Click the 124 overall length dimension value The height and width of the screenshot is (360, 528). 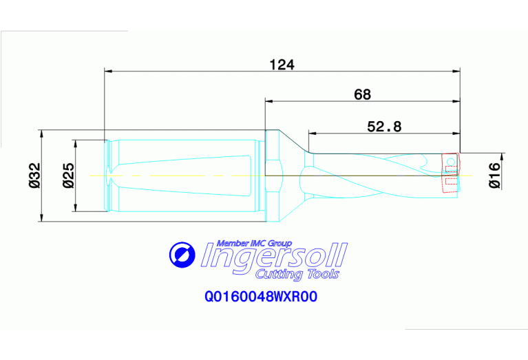click(x=282, y=65)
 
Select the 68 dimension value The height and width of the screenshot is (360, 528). click(x=362, y=94)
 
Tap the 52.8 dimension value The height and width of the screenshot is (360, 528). click(x=384, y=126)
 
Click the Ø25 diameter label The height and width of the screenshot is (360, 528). click(x=67, y=176)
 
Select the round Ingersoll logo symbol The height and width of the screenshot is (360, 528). click(x=183, y=255)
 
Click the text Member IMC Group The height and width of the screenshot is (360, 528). click(x=254, y=243)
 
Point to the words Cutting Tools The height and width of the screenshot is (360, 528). click(x=297, y=275)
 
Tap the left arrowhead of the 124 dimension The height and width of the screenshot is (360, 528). click(x=107, y=70)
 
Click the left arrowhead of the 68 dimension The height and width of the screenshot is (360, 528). click(x=269, y=100)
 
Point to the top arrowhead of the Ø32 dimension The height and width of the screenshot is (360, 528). click(x=43, y=133)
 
